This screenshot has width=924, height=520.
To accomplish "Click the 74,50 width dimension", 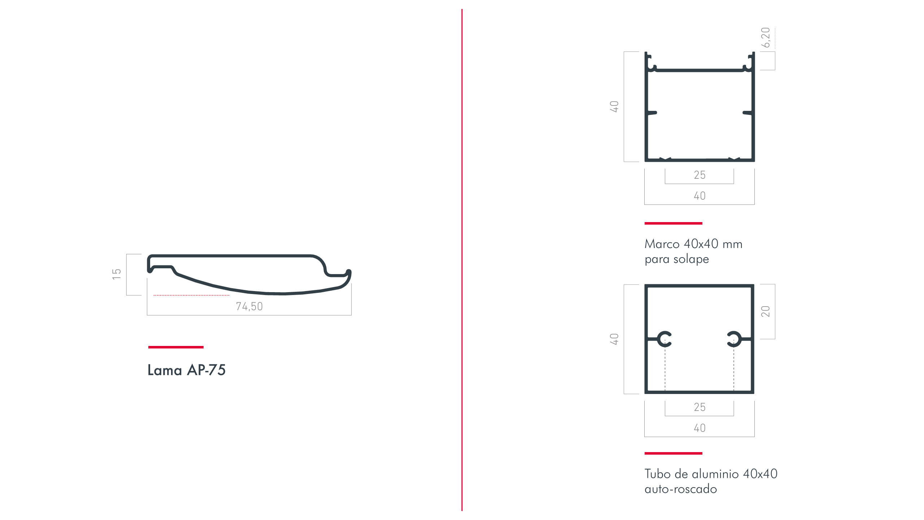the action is click(x=249, y=306).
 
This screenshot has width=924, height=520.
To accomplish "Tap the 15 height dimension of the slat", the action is click(x=116, y=274).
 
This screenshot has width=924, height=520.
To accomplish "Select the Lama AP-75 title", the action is click(x=187, y=370).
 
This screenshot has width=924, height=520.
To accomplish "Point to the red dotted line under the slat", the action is click(x=191, y=295).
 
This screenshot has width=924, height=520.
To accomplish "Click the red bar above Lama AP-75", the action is click(x=176, y=347).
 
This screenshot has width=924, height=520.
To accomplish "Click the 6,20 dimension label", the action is click(x=765, y=38).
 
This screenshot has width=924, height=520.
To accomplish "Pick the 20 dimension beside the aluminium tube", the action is click(x=765, y=311).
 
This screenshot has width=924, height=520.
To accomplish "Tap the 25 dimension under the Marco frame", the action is click(x=699, y=175).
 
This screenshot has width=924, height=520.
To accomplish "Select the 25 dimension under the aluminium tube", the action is click(x=699, y=407).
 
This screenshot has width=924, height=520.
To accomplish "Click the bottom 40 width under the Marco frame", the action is click(x=699, y=196).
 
